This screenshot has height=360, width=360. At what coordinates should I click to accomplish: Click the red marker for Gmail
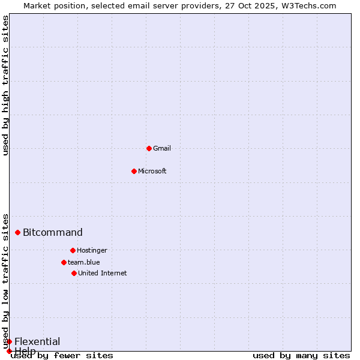point(149,148)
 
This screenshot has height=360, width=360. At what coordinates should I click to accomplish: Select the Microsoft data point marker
point(134,171)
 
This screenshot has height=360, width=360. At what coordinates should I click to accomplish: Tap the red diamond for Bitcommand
point(17,232)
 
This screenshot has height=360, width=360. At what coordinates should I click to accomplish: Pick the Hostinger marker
point(73,250)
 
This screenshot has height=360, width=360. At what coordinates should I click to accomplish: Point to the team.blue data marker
point(64,262)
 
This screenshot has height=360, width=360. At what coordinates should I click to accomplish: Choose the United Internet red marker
point(74,273)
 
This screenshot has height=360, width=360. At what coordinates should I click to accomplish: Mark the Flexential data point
point(9,341)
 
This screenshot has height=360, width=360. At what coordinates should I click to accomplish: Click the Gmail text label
point(162,148)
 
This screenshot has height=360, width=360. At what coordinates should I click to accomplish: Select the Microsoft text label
point(152,171)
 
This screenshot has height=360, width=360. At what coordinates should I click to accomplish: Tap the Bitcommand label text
point(53,232)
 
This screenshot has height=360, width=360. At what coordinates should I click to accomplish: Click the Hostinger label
point(92,250)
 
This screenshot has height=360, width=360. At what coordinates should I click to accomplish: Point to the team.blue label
point(84,262)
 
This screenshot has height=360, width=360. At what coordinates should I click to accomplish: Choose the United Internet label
point(103,273)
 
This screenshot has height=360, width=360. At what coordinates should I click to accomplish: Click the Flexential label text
point(37,341)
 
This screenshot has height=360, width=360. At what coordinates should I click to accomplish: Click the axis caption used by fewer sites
point(62,355)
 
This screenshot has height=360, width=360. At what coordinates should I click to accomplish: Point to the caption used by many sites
point(301,355)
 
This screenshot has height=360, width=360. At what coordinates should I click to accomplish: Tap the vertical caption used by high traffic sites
point(5,85)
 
